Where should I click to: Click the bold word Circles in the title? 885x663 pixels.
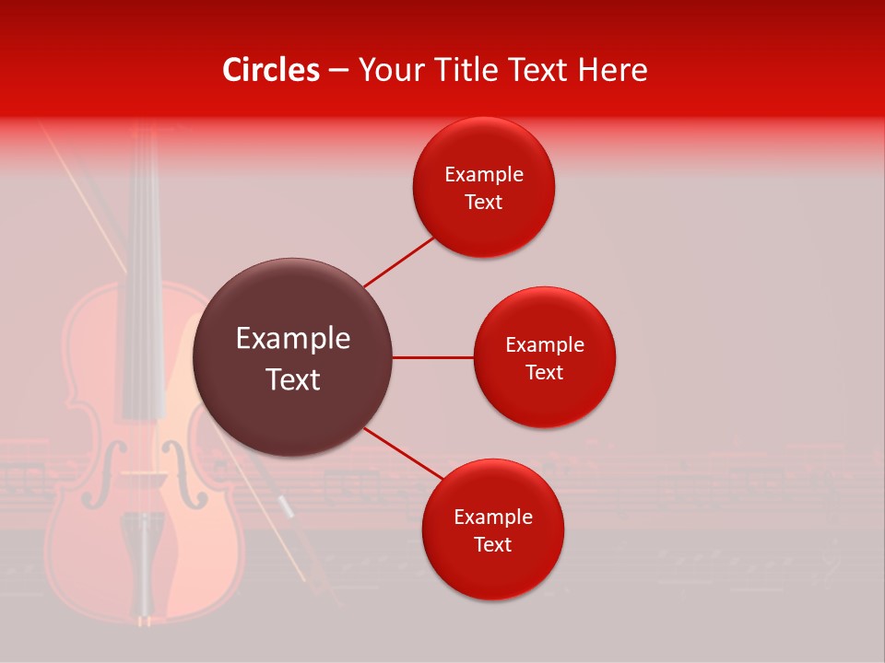[270, 70]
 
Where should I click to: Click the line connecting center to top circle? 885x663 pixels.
[398, 262]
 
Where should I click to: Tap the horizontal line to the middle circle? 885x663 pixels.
[432, 357]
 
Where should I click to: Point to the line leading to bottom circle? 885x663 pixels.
[403, 454]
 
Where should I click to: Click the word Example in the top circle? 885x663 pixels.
[484, 175]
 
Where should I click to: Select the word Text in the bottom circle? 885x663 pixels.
[492, 544]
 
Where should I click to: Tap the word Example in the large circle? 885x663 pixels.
[292, 339]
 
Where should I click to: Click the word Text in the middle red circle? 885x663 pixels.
[544, 372]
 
